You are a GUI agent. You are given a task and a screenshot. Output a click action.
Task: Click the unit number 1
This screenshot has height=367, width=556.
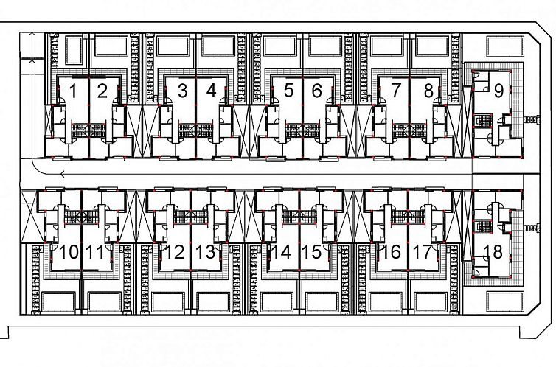73,91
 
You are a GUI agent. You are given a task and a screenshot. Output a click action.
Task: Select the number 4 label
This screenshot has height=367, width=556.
211,91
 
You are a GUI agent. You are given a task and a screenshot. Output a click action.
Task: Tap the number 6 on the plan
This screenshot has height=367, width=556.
316,91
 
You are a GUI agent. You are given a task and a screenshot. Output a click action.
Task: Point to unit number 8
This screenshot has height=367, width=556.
428,91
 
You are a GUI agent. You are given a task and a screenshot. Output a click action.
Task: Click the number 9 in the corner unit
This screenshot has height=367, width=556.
498,91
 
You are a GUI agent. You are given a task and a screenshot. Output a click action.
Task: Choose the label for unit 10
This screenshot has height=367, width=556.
69,252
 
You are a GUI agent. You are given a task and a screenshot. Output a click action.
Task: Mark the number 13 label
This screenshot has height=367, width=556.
206,252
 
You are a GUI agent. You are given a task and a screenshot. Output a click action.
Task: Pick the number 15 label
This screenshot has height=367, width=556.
312,252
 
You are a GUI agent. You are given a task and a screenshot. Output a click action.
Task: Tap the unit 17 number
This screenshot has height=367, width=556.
422,252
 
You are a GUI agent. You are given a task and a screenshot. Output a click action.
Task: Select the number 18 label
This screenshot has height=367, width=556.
493,252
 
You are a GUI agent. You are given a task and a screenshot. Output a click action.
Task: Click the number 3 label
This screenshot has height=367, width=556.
182,91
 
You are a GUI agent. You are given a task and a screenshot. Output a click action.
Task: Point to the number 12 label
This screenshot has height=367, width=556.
175,252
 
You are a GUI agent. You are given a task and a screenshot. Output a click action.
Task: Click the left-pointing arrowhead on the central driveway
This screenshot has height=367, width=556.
63,174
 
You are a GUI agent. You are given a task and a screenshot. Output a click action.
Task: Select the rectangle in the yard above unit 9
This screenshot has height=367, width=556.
505,46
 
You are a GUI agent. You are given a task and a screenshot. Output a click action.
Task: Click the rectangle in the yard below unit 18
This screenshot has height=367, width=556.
505,301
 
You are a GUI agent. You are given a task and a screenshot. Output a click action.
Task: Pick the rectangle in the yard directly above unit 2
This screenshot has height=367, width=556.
111,46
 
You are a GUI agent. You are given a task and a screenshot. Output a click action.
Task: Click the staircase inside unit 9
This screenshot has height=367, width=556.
483,121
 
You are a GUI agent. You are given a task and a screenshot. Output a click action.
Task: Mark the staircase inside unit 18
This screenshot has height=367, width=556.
482,226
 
